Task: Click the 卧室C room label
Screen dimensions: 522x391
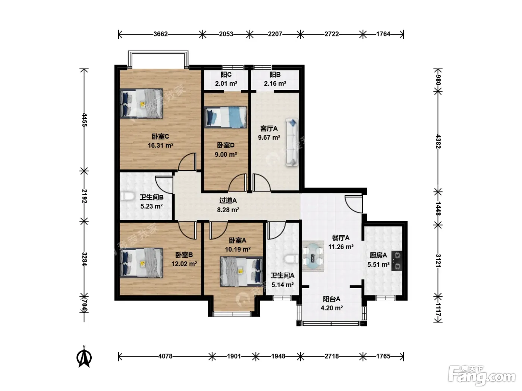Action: pyautogui.click(x=160, y=137)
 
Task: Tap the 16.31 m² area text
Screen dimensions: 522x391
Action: pyautogui.click(x=161, y=145)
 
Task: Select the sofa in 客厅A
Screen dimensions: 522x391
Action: pyautogui.click(x=292, y=142)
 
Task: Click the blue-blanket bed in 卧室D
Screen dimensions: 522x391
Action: pyautogui.click(x=225, y=117)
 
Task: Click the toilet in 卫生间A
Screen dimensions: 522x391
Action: pyautogui.click(x=292, y=259)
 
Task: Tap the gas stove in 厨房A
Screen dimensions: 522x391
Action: pyautogui.click(x=397, y=261)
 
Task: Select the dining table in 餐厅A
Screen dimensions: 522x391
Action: pyautogui.click(x=313, y=256)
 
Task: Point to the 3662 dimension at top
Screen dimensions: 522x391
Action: pyautogui.click(x=161, y=34)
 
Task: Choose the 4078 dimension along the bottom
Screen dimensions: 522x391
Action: pyautogui.click(x=165, y=356)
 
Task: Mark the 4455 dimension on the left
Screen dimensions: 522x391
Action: pyautogui.click(x=84, y=120)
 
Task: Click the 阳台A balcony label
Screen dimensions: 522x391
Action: pyautogui.click(x=331, y=299)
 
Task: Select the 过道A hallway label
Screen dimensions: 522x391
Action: pyautogui.click(x=228, y=201)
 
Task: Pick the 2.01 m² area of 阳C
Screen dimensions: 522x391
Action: pyautogui.click(x=226, y=83)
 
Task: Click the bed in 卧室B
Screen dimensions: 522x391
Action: pyautogui.click(x=141, y=263)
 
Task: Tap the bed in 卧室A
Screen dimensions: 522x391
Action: pyautogui.click(x=241, y=271)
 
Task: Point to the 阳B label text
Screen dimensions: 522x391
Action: pyautogui.click(x=275, y=75)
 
